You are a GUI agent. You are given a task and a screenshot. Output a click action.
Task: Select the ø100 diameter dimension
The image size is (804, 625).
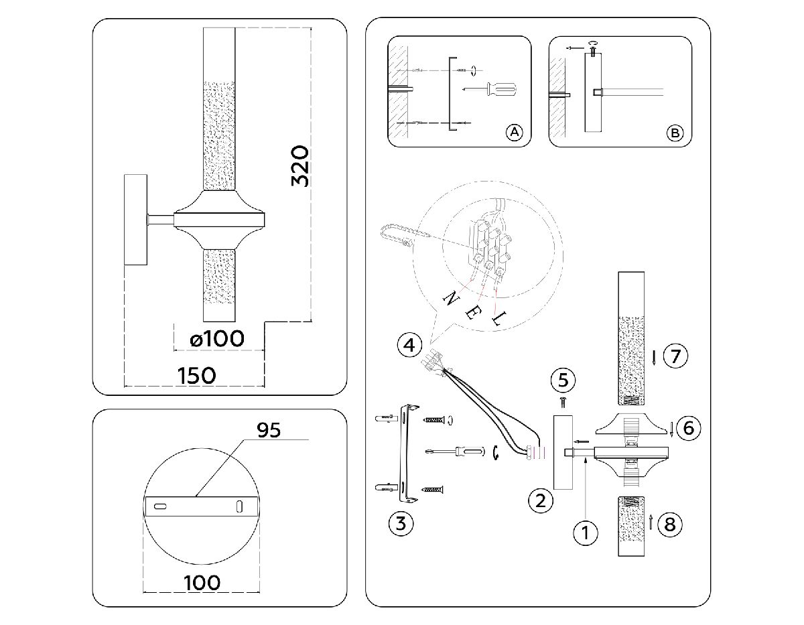(216, 338)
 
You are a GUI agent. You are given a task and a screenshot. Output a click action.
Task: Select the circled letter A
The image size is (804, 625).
(514, 132)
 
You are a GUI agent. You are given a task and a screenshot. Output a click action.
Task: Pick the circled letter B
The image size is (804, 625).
(675, 133)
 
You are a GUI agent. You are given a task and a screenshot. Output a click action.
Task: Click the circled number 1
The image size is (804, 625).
(585, 533)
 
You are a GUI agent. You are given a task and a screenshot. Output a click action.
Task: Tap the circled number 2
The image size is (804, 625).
(541, 499)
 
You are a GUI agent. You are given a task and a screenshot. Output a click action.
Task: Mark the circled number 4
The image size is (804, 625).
(409, 346)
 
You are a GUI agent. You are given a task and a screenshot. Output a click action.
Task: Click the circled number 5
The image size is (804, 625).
(563, 380)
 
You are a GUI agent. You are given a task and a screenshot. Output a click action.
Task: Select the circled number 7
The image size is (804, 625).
(675, 356)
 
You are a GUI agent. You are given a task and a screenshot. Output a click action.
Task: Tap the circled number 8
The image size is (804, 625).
(669, 524)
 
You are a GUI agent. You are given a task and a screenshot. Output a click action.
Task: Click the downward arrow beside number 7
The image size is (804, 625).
(653, 356)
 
